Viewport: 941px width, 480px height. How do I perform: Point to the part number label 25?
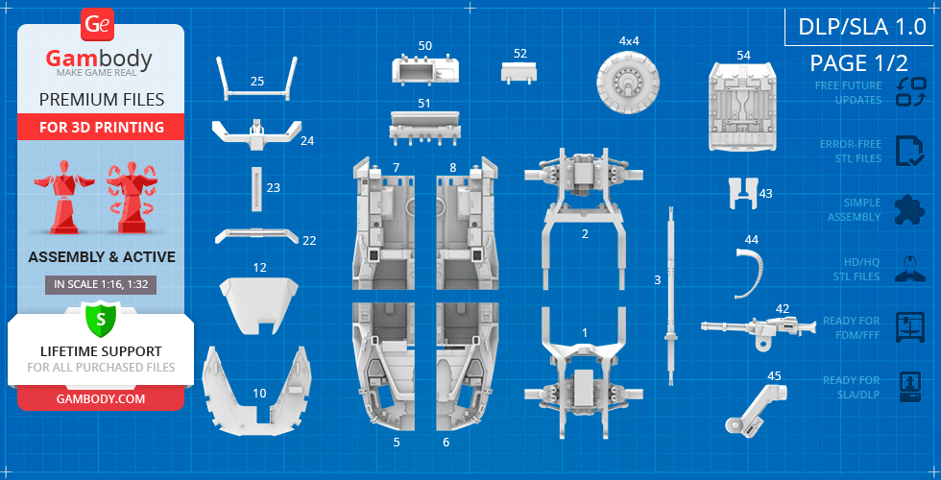coord(257,82)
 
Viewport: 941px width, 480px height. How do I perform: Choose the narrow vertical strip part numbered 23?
coord(256,188)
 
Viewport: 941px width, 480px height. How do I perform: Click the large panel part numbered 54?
coord(743,107)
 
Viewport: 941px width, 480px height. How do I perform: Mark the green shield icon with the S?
coord(101,317)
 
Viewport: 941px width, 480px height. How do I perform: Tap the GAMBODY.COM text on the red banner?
coord(101,398)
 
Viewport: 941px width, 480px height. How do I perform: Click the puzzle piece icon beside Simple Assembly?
coord(909,210)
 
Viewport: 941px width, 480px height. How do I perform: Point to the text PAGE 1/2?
coord(858,63)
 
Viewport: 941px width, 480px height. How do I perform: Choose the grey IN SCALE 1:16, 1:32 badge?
coord(101,284)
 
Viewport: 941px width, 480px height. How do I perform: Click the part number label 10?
coord(259,393)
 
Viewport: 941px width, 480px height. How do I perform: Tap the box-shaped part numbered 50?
coord(423,71)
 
